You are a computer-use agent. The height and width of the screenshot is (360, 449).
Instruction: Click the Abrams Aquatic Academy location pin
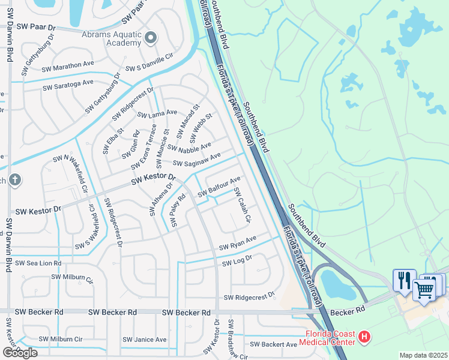point(151,39)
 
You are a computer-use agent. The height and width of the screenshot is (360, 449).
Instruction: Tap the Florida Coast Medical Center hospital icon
point(364,338)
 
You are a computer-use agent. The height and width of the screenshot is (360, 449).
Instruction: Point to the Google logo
point(19,353)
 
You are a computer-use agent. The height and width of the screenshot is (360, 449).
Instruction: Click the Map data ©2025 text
point(423,355)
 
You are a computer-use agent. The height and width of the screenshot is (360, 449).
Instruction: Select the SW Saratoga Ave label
point(68,85)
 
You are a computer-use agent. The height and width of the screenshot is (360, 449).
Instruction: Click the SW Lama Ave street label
point(157,113)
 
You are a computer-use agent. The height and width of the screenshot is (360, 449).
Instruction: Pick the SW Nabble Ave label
point(190,147)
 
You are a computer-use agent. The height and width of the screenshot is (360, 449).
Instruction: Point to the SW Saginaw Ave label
point(197,160)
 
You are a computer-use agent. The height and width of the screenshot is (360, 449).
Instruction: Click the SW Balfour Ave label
point(219,185)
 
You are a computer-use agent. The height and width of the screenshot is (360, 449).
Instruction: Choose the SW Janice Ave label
point(144,340)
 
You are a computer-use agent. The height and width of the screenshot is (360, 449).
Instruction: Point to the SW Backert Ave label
point(273,344)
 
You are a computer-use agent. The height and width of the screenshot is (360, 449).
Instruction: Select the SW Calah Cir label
point(241,205)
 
